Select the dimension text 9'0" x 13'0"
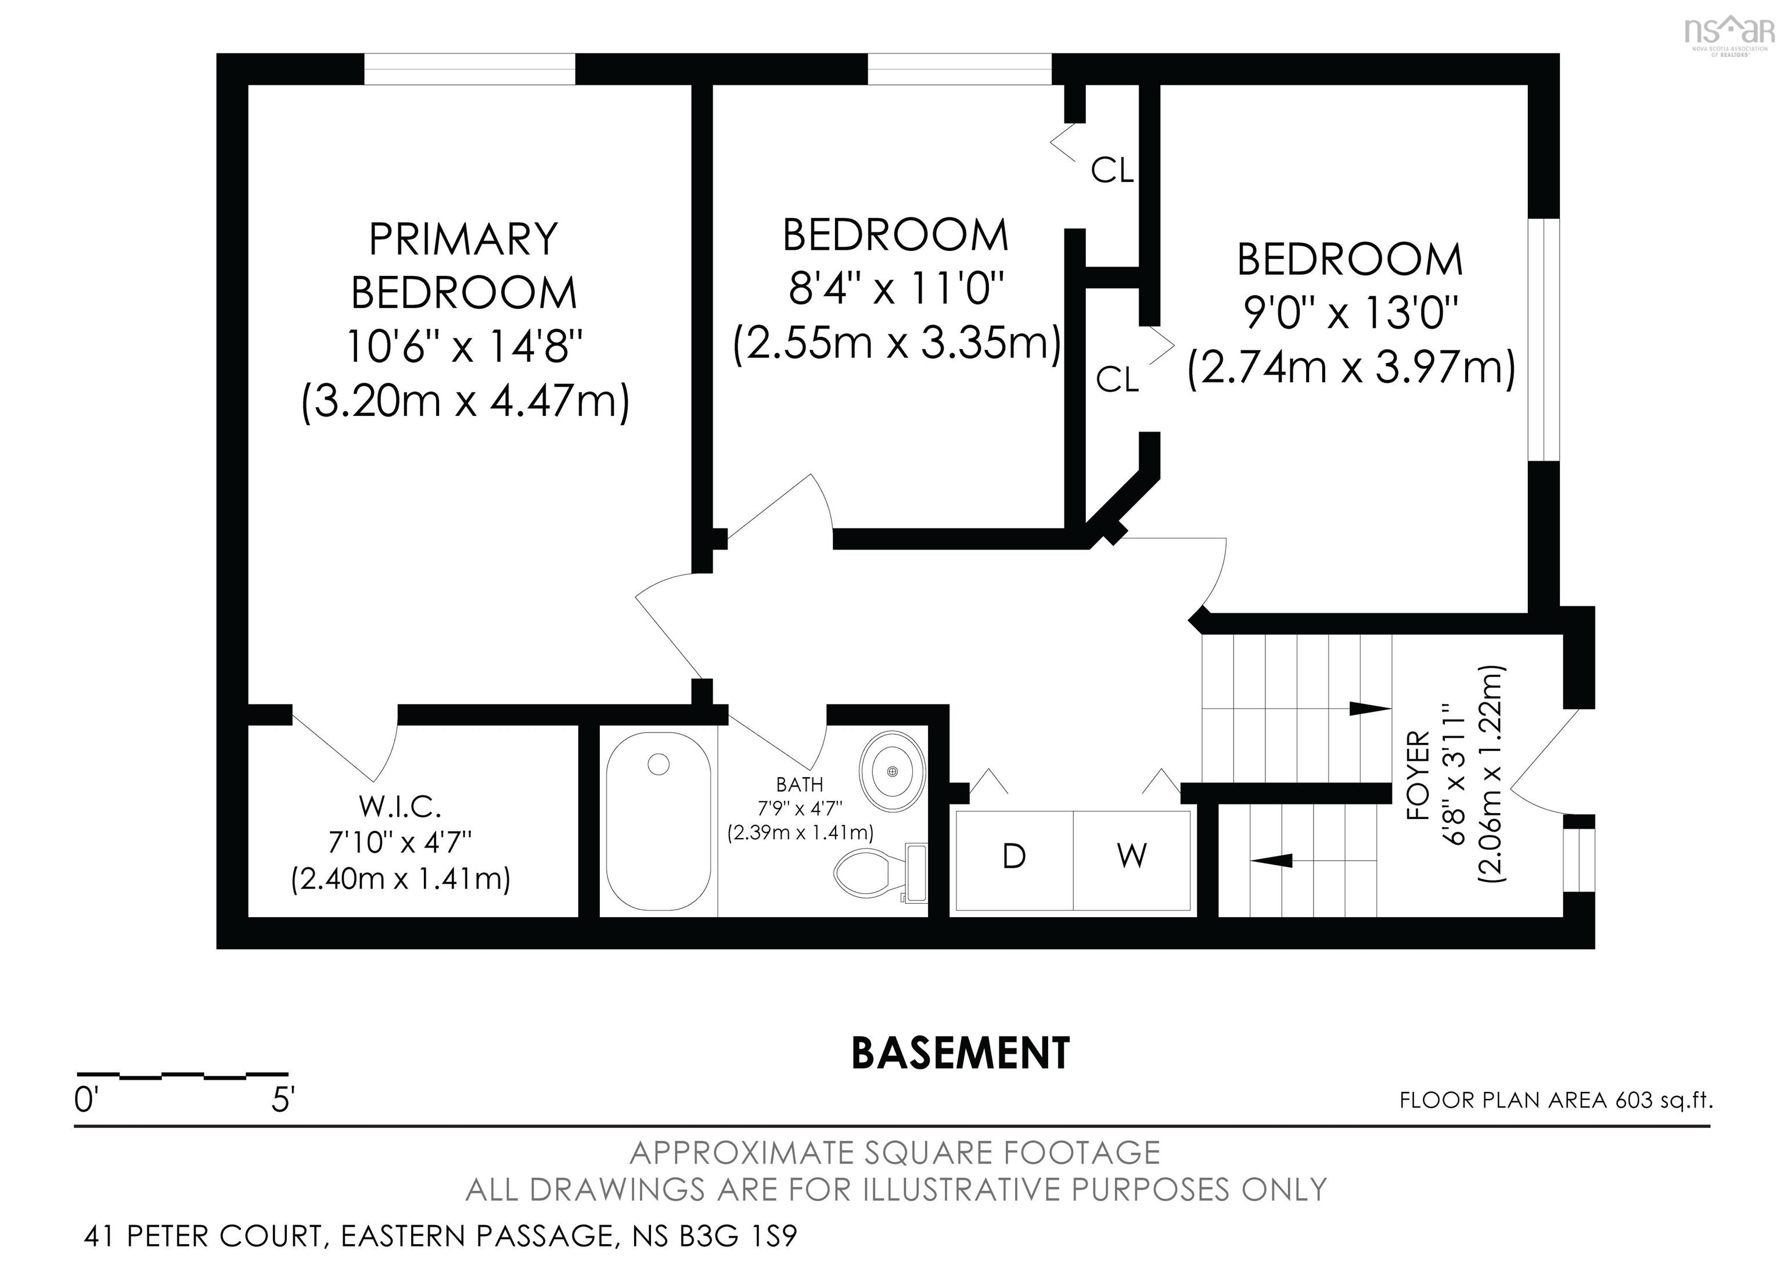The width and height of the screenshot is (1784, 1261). tap(1350, 313)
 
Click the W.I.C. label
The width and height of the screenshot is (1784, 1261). tap(400, 807)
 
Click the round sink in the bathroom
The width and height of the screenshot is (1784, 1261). tap(893, 771)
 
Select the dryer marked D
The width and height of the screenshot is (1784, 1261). tap(1014, 856)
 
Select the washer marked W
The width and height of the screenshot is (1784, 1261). tap(1131, 856)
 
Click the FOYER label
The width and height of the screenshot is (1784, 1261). tap(1418, 775)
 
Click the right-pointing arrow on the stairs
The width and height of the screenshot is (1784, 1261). tap(1369, 709)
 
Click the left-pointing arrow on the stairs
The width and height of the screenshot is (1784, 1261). tap(1271, 860)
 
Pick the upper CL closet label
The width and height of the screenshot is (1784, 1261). tap(1112, 171)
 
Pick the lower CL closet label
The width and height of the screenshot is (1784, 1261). tap(1117, 379)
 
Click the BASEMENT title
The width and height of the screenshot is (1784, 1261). tap(961, 1054)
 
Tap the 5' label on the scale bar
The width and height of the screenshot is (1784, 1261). tap(283, 1100)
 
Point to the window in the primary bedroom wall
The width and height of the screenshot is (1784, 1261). tap(469, 69)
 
